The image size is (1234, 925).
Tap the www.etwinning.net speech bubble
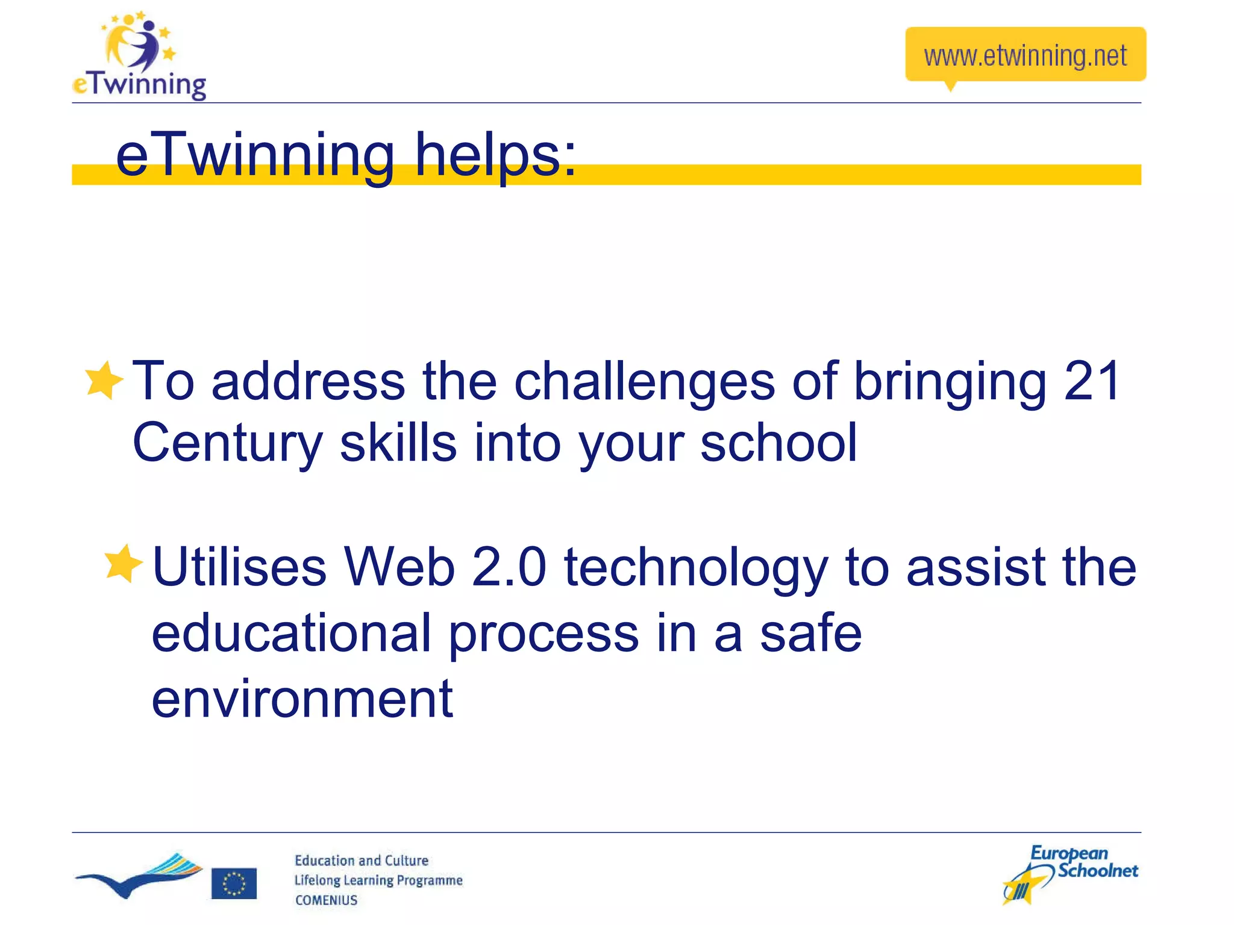point(1025,55)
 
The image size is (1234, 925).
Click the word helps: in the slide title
point(495,155)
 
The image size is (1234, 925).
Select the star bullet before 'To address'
point(104,380)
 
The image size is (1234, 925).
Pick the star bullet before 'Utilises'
point(123,564)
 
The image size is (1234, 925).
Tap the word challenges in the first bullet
point(644,381)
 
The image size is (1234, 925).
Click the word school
point(778,443)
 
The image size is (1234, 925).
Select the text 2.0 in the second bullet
point(509,567)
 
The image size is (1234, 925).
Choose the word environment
point(302,699)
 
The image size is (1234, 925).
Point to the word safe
point(810,633)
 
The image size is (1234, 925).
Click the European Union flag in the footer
point(234,883)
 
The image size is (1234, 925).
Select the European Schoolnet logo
point(1070,873)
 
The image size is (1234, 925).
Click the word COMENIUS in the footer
point(326,900)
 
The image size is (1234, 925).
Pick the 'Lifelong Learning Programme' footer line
point(378,880)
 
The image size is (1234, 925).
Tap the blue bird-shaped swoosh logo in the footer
point(139,876)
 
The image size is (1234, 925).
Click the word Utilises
point(239,567)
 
